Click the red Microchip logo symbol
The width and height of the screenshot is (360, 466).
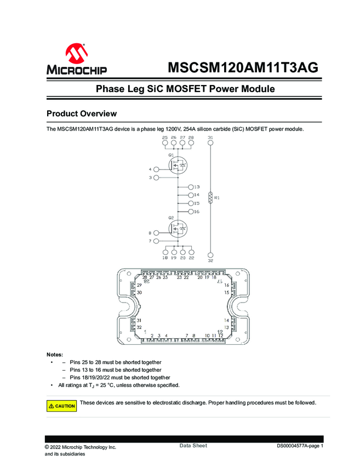(76, 54)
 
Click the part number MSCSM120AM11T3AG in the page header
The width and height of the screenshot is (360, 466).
(242, 68)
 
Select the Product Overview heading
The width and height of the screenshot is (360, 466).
(82, 113)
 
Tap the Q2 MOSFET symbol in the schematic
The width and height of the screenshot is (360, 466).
(178, 229)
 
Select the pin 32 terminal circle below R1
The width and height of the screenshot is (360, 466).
(210, 254)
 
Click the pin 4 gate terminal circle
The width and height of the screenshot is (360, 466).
(156, 169)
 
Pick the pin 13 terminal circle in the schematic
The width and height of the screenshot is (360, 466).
(190, 187)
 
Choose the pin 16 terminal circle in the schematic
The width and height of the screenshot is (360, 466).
(190, 212)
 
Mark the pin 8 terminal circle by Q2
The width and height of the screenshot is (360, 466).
(156, 233)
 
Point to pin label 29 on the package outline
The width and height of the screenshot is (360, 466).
(139, 286)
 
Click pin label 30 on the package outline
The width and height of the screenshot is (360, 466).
(139, 293)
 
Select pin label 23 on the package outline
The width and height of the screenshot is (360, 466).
(179, 277)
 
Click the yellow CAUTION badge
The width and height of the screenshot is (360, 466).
(61, 406)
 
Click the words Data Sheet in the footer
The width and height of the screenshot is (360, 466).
(193, 446)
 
